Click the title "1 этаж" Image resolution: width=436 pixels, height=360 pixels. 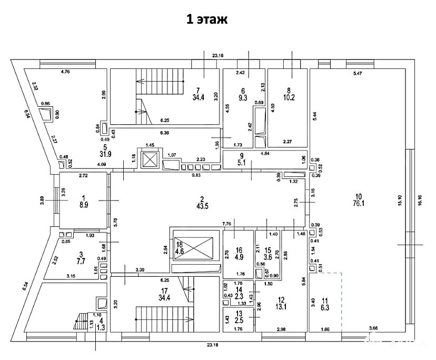pyautogui.click(x=206, y=20)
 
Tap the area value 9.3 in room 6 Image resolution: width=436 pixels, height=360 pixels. pyautogui.click(x=243, y=97)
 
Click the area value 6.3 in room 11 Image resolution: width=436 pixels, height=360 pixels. pyautogui.click(x=325, y=308)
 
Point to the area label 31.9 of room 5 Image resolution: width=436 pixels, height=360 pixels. pyautogui.click(x=105, y=154)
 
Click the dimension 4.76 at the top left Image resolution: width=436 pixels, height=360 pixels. pyautogui.click(x=65, y=71)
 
